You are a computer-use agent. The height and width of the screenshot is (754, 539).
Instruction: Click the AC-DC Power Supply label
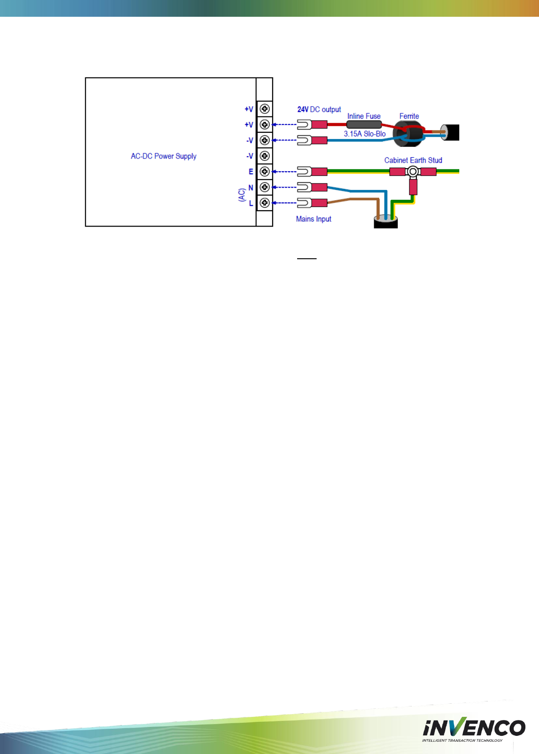[x=164, y=156]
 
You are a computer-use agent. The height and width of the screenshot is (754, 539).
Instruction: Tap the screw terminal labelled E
[x=265, y=172]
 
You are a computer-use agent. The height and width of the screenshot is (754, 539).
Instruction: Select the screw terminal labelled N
[x=265, y=187]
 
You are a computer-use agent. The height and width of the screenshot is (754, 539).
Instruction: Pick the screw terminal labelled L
[x=265, y=203]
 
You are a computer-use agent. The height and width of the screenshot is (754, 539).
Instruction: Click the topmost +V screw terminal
[x=265, y=109]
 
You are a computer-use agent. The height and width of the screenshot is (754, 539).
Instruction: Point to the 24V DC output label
[x=319, y=110]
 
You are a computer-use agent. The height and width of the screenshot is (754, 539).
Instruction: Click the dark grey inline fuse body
[x=364, y=124]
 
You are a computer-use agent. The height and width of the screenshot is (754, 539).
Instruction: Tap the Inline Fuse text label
[x=364, y=116]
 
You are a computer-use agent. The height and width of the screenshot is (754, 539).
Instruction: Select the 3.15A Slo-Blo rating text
[x=365, y=134]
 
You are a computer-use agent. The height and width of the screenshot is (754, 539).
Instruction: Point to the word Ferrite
[x=409, y=116]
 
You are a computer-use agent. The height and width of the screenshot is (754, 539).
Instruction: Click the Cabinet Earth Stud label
[x=413, y=160]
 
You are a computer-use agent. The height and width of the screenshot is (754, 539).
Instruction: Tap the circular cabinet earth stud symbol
[x=413, y=172]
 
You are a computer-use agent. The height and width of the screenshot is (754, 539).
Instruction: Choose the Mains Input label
[x=313, y=219]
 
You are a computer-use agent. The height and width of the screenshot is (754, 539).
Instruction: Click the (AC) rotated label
[x=242, y=195]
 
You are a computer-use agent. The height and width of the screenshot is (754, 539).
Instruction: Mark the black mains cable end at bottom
[x=385, y=222]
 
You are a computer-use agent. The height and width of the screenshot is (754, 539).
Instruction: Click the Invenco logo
[x=473, y=729]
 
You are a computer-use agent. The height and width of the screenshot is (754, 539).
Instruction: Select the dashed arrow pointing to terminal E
[x=284, y=172]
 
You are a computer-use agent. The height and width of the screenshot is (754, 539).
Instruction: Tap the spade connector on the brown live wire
[x=312, y=203]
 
